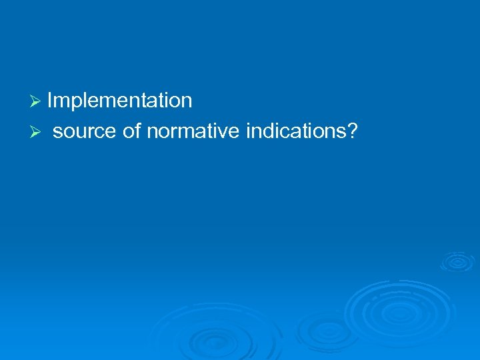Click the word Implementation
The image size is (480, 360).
click(120, 101)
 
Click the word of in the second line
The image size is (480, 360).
click(131, 131)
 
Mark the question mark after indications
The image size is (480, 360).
click(352, 131)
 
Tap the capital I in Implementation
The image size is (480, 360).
click(50, 101)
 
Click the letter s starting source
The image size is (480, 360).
click(57, 133)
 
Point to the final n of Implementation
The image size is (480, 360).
click(187, 102)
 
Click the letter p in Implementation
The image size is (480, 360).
click(74, 103)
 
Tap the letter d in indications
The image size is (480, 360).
click(269, 131)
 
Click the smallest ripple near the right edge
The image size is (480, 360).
click(457, 261)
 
